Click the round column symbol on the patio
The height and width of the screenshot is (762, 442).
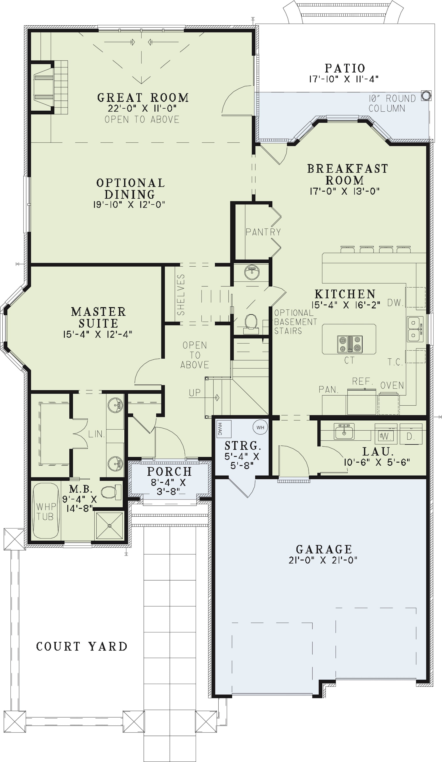426,96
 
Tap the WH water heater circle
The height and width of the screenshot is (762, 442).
260,427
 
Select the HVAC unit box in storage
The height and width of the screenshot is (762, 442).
223,429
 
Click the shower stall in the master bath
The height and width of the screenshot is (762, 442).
110,525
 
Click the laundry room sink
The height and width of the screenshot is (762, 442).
344,431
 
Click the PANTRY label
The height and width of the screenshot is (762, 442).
263,232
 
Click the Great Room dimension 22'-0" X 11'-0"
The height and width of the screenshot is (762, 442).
142,108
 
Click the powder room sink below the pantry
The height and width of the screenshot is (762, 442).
252,271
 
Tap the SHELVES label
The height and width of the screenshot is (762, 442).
181,295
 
